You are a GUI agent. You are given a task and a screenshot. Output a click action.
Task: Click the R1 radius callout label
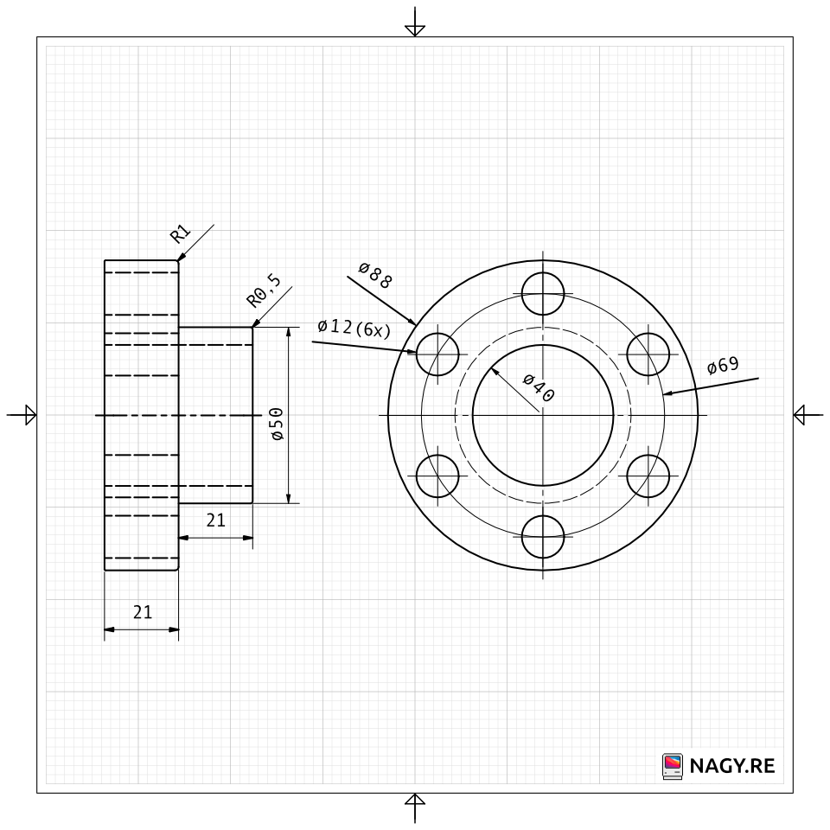180,233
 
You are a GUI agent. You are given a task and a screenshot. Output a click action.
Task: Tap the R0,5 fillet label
265,291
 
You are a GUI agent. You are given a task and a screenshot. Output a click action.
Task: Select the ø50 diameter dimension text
277,424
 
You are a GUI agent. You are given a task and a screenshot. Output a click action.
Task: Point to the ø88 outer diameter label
375,275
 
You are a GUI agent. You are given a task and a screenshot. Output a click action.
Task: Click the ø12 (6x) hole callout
354,328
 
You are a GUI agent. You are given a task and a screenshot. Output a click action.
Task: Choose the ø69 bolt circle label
723,365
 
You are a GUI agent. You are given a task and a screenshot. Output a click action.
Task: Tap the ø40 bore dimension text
539,387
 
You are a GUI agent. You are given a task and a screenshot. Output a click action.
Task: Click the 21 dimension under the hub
216,520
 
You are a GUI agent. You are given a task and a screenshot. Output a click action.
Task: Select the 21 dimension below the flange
143,612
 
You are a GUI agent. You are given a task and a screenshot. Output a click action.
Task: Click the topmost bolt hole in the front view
543,294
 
